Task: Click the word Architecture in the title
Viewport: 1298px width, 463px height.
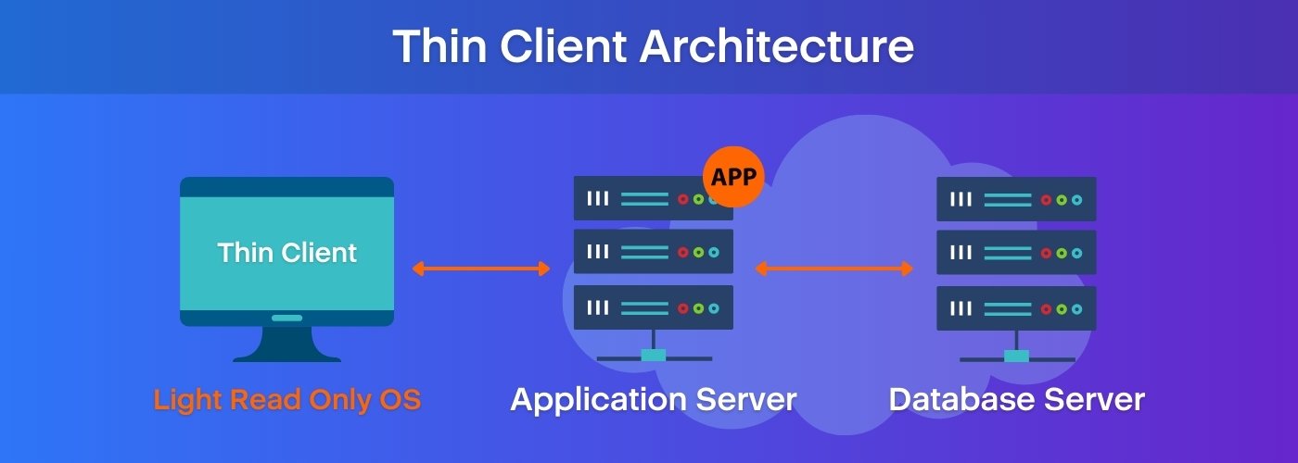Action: point(777,46)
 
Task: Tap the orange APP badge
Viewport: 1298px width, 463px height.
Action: point(733,176)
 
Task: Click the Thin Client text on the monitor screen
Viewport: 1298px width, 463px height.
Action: point(286,253)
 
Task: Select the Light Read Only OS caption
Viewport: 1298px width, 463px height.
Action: point(286,400)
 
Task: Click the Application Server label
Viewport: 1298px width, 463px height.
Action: point(653,400)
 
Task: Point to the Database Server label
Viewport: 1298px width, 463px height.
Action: point(1016,400)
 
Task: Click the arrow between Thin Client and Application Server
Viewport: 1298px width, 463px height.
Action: point(481,269)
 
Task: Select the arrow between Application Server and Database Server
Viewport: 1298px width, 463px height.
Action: point(834,269)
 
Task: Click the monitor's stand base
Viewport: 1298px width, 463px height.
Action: point(286,356)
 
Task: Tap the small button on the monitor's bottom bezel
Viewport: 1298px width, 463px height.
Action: point(286,318)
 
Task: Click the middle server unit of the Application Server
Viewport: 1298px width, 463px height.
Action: point(653,252)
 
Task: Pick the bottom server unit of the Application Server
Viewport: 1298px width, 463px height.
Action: point(653,307)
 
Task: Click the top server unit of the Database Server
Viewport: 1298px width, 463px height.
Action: point(1016,199)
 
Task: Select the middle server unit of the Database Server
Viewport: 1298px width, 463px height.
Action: point(1016,252)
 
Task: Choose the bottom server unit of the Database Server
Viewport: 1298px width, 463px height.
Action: point(1016,307)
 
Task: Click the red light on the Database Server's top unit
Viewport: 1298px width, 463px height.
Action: point(1046,199)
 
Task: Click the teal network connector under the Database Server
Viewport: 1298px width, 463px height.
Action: point(1017,356)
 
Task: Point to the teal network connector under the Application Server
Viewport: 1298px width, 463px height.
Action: point(654,356)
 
